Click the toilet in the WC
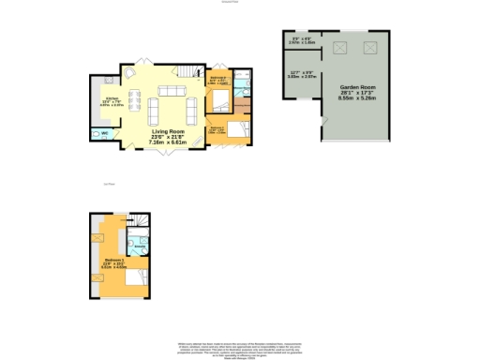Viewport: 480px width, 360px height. click(x=96, y=133)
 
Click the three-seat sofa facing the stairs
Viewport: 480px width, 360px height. click(x=171, y=91)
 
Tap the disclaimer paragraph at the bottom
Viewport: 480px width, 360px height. click(x=239, y=348)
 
